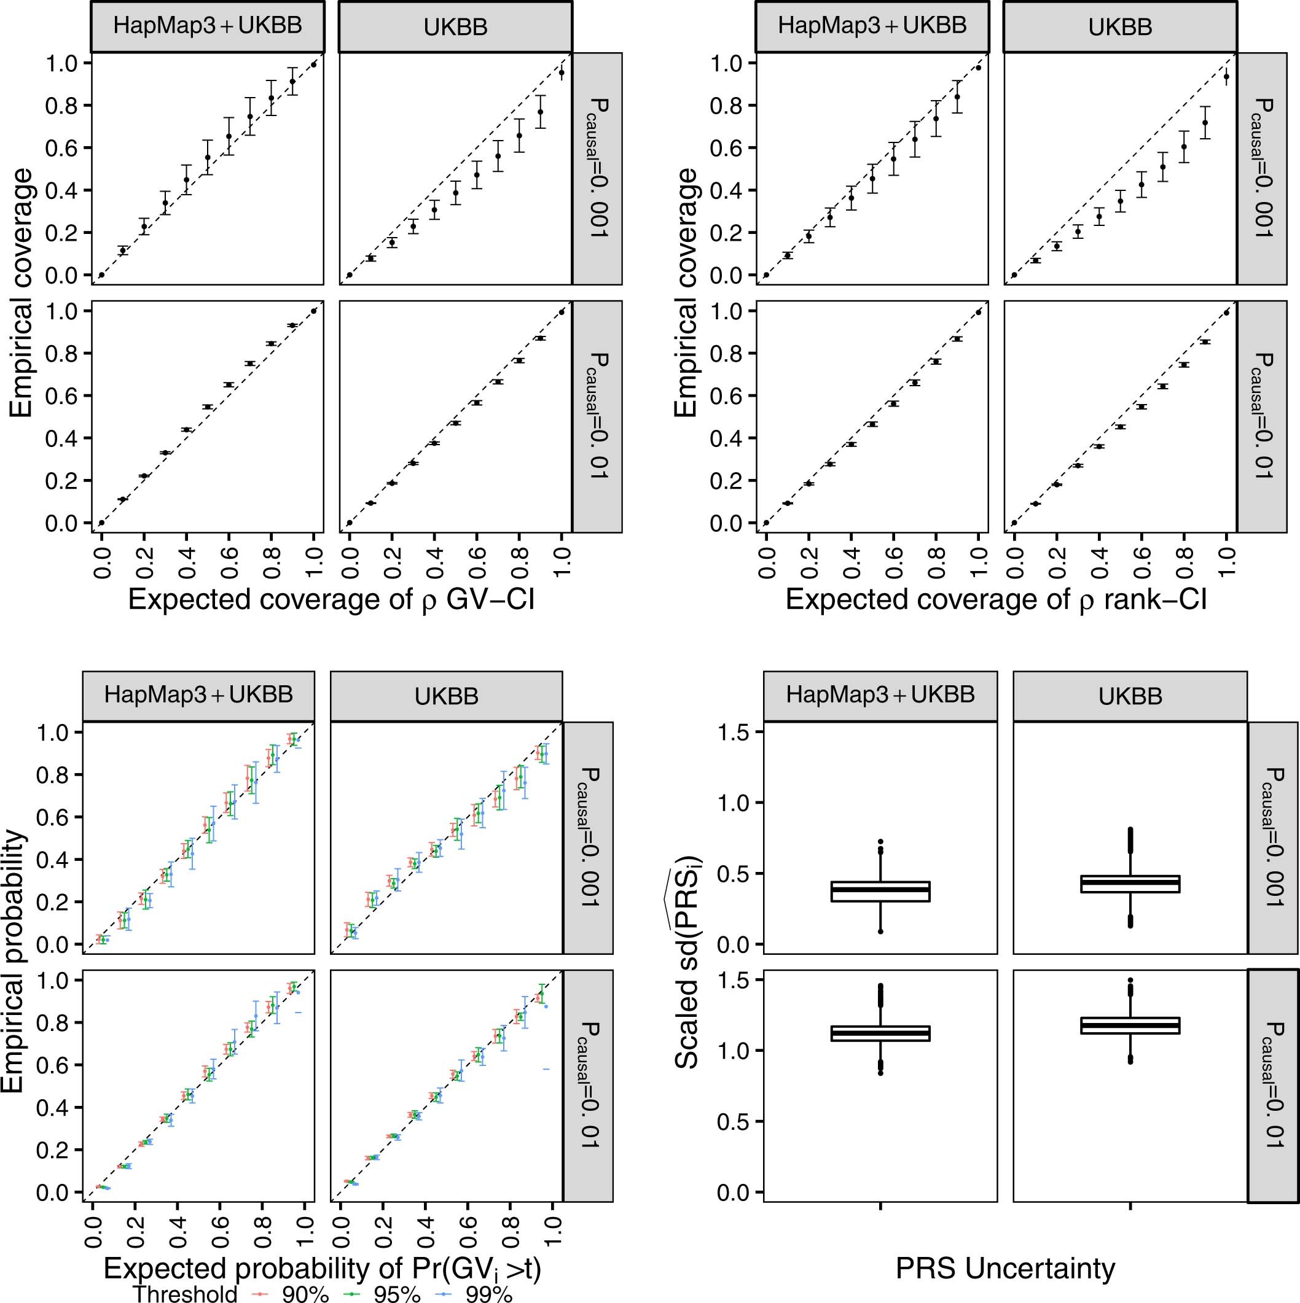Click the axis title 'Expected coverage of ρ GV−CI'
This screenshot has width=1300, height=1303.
[331, 599]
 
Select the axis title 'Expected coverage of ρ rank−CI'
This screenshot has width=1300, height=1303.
[996, 599]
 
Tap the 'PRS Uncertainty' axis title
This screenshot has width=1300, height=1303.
[1005, 1269]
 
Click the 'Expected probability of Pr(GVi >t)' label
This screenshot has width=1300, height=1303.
[323, 1269]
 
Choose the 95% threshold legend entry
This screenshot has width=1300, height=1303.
[385, 1294]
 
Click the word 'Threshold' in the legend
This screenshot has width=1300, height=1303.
[185, 1294]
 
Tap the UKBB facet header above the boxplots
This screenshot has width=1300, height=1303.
[1130, 696]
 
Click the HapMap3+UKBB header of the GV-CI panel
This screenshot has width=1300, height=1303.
[208, 26]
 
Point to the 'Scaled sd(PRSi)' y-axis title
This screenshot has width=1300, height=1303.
[688, 965]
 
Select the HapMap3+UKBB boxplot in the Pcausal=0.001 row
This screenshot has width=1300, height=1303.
[880, 891]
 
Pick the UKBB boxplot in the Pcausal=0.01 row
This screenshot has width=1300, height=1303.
[1130, 1025]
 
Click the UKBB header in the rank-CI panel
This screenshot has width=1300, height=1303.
[1120, 26]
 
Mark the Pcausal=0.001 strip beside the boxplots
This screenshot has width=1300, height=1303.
[1272, 837]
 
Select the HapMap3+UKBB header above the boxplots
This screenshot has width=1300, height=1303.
[880, 696]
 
